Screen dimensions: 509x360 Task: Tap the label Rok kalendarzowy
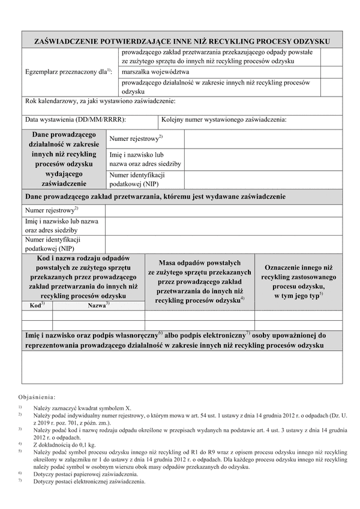click(100, 101)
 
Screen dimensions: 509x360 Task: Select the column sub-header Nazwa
click(98, 305)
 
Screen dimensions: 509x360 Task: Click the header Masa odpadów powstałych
click(200, 263)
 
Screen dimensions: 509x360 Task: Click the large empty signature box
click(182, 367)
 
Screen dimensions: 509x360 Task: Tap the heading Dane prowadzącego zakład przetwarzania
click(155, 197)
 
